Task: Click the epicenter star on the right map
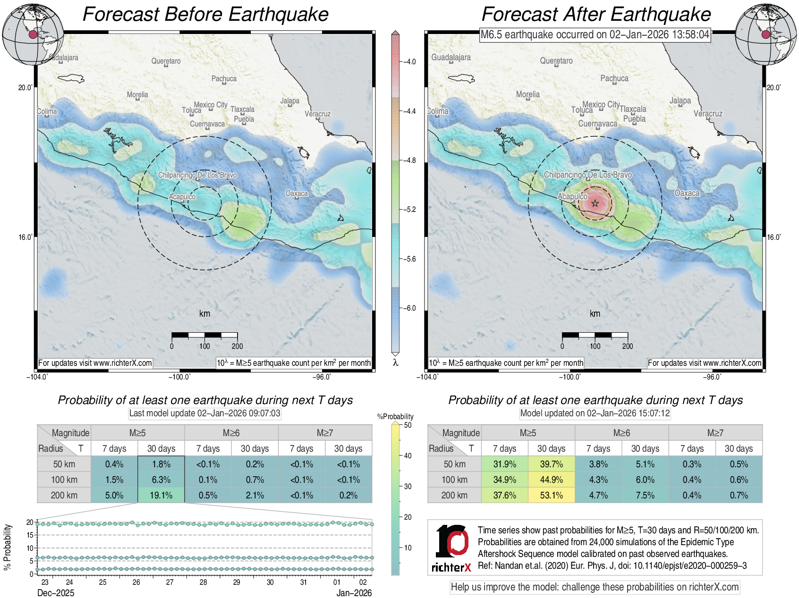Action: pyautogui.click(x=595, y=203)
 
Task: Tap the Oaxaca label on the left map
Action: pyautogui.click(x=297, y=194)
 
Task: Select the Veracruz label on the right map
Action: pyautogui.click(x=708, y=114)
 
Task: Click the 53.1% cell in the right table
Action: pyautogui.click(x=551, y=495)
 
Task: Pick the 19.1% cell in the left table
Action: pyautogui.click(x=161, y=495)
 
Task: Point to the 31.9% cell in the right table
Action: pyautogui.click(x=504, y=464)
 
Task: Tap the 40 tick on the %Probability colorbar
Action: pyautogui.click(x=408, y=455)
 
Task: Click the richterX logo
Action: pyautogui.click(x=452, y=548)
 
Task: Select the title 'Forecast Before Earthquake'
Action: pyautogui.click(x=205, y=14)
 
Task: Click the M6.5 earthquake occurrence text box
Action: pyautogui.click(x=595, y=34)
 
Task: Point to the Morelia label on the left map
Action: pyautogui.click(x=137, y=95)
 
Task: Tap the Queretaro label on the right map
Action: pyautogui.click(x=556, y=61)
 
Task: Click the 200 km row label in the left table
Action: pyautogui.click(x=64, y=495)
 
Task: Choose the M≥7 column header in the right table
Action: pyautogui.click(x=715, y=433)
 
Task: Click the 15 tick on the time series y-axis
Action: pyautogui.click(x=30, y=535)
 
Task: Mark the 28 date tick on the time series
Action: pyautogui.click(x=203, y=582)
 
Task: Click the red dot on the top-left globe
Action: pyautogui.click(x=33, y=34)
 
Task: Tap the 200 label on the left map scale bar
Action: pyautogui.click(x=237, y=346)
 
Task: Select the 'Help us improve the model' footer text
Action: pyautogui.click(x=595, y=587)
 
